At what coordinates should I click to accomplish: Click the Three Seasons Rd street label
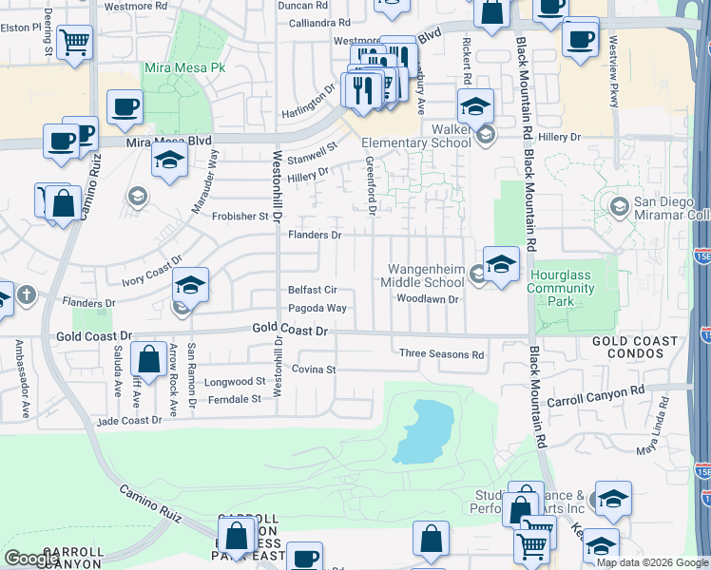click(441, 353)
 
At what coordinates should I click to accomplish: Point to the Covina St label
click(315, 369)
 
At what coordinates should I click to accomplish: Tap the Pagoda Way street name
click(317, 309)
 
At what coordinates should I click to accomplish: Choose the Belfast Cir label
click(313, 290)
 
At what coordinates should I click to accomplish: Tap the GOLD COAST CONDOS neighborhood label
click(635, 347)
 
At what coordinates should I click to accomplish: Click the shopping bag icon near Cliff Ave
click(148, 360)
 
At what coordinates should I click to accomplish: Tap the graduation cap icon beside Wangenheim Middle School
click(501, 263)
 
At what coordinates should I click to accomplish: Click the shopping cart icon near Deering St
click(74, 42)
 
